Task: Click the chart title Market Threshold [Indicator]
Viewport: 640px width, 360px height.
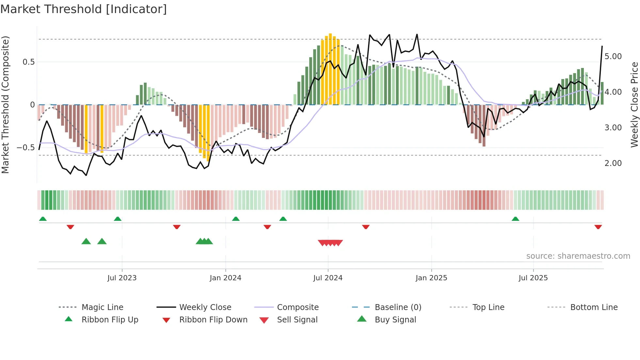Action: pos(84,9)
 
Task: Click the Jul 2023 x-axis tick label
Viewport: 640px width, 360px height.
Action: pos(122,278)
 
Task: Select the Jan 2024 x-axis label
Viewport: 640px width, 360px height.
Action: pos(225,278)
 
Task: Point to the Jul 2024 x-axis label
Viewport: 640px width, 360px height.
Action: pos(328,278)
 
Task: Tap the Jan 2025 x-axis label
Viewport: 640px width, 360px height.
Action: pos(431,278)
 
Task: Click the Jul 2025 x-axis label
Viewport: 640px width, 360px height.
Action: pos(533,278)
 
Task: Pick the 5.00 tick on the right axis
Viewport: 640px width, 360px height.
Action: pos(613,57)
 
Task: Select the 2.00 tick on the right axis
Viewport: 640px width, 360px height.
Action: pos(613,163)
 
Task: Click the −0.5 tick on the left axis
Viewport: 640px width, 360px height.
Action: pos(26,148)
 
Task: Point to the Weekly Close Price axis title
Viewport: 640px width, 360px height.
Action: pos(634,105)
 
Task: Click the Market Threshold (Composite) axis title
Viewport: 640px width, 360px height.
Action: pos(5,105)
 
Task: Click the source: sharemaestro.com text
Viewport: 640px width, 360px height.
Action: pos(578,256)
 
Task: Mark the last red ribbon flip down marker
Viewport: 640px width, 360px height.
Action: pos(598,227)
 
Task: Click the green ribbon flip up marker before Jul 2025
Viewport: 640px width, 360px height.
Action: pos(515,219)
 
